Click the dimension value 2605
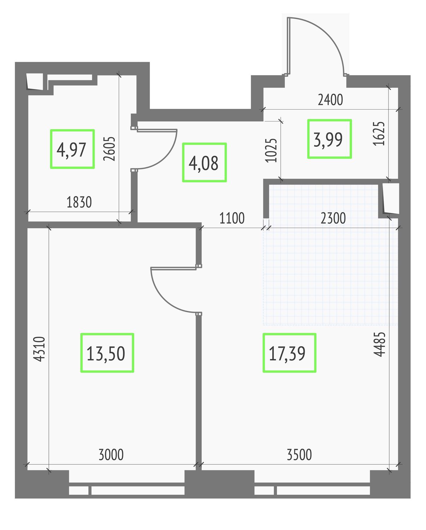pyautogui.click(x=110, y=149)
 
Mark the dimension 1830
pyautogui.click(x=79, y=202)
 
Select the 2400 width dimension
pyautogui.click(x=330, y=100)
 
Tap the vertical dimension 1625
pyautogui.click(x=379, y=134)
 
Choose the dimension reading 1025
pyautogui.click(x=271, y=150)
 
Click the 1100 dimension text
pyautogui.click(x=232, y=218)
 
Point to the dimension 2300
pyautogui.click(x=333, y=218)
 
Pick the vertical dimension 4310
pyautogui.click(x=40, y=349)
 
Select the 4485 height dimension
pyautogui.click(x=379, y=344)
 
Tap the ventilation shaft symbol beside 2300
pyautogui.click(x=391, y=199)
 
